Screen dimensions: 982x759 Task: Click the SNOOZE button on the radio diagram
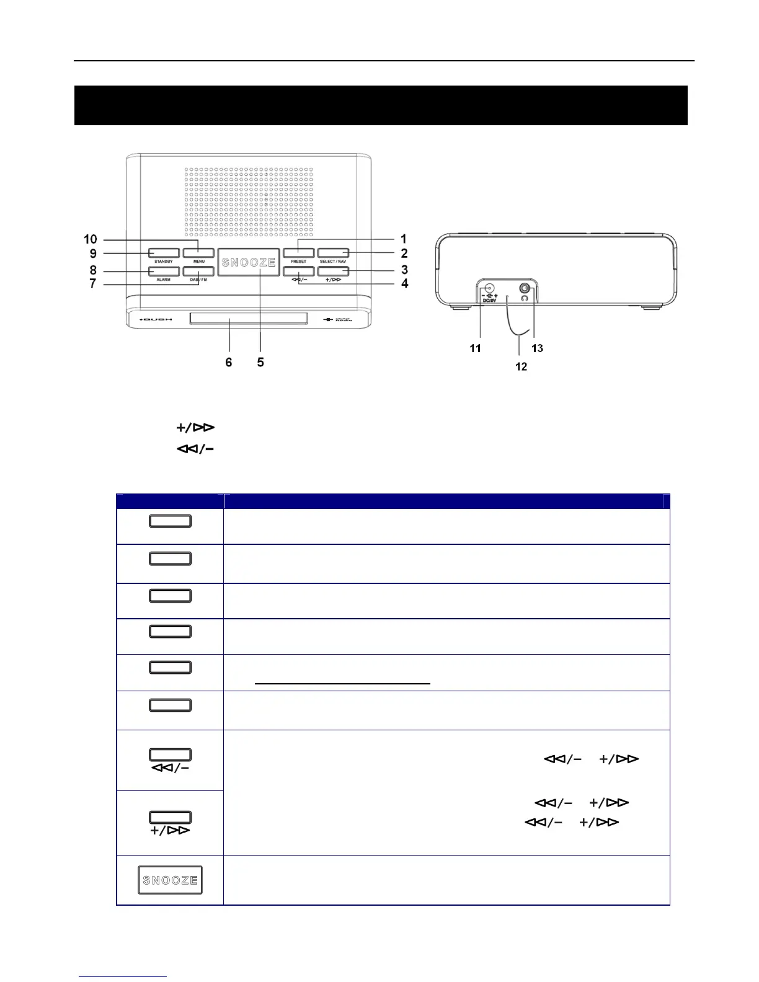pos(248,262)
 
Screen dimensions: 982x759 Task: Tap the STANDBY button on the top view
pos(164,253)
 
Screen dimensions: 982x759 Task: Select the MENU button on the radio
pos(198,253)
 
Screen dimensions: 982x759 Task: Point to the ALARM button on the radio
pos(164,271)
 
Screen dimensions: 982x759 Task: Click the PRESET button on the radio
pos(298,253)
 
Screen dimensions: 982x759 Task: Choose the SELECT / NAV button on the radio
pos(333,253)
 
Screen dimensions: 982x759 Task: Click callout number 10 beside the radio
pos(91,239)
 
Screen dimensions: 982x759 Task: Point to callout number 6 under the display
pos(229,362)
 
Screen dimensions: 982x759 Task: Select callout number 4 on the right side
pos(405,283)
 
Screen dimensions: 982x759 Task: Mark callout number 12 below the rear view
pos(521,366)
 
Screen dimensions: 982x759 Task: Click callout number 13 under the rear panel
pos(537,348)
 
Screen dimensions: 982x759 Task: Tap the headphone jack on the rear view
pos(526,288)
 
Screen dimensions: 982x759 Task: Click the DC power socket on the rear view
pos(489,288)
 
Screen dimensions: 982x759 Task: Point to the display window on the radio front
pos(248,319)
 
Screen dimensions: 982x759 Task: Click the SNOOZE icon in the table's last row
pos(170,880)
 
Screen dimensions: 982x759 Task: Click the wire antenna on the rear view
pos(515,322)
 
